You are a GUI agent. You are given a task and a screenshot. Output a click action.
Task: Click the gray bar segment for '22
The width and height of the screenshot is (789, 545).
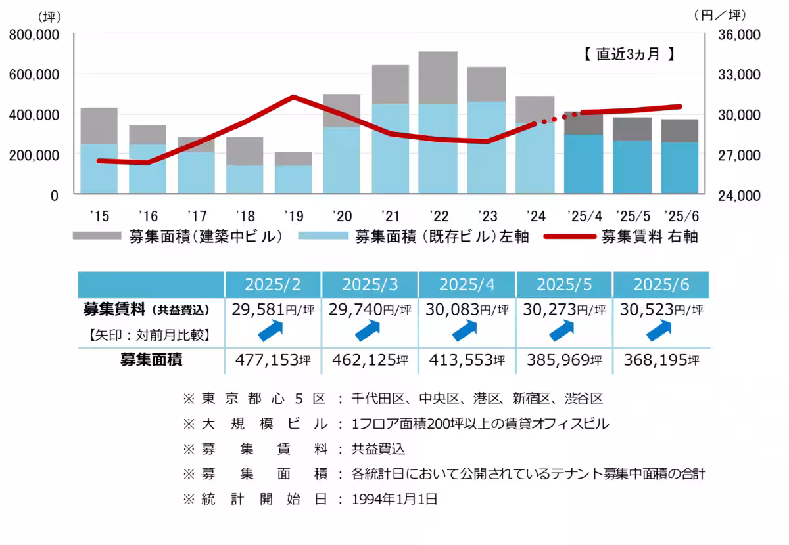click(x=438, y=77)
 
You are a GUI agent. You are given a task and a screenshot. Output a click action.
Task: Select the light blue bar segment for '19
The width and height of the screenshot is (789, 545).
click(x=293, y=179)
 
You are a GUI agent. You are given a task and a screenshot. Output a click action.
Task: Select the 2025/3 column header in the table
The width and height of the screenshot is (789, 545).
click(x=369, y=285)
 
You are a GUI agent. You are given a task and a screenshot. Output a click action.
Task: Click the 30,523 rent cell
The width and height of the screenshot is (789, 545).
click(x=661, y=310)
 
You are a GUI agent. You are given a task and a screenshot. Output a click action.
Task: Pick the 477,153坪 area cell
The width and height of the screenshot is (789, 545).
click(x=272, y=360)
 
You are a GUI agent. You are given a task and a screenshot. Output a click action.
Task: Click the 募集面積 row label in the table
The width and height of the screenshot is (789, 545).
click(x=151, y=360)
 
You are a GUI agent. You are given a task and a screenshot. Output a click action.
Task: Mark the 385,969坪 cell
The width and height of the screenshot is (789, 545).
click(x=563, y=360)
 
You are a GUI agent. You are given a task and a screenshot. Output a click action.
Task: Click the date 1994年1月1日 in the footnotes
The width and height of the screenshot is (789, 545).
click(x=394, y=499)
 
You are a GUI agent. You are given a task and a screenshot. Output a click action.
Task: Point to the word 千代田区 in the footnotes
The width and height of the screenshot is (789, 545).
click(x=375, y=399)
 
